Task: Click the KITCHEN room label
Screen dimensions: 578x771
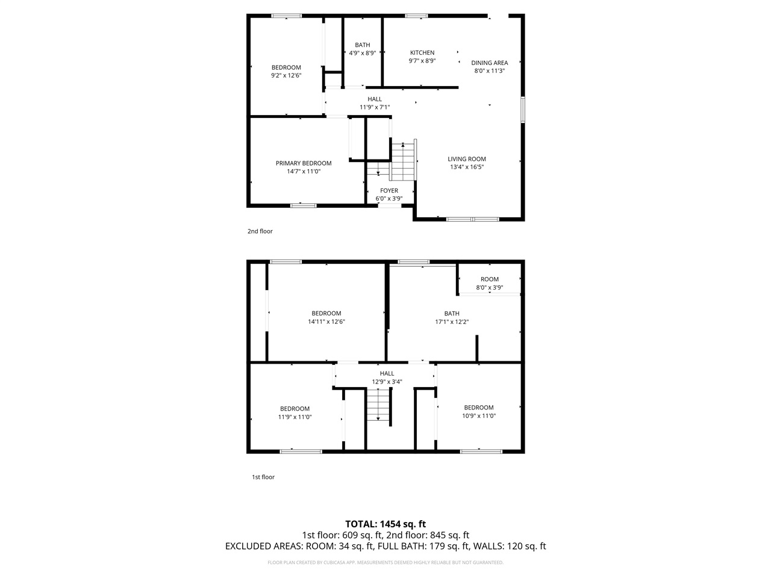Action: (422, 52)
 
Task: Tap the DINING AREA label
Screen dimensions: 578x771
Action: (489, 63)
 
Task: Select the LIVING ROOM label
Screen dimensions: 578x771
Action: (466, 159)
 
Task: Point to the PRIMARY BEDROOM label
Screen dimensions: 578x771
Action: (304, 163)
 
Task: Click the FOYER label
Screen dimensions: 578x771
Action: (389, 191)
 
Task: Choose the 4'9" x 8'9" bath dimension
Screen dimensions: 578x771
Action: (363, 53)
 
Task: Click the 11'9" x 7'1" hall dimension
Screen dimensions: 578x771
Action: (375, 107)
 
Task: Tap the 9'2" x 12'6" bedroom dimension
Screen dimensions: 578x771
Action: (286, 75)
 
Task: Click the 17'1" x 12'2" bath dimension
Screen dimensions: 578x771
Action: (452, 322)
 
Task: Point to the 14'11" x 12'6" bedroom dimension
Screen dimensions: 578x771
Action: (326, 322)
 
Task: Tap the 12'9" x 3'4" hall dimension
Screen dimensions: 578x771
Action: (387, 381)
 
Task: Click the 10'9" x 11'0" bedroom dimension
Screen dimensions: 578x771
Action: (478, 415)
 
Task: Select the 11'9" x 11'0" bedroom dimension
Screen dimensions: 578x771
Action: (295, 417)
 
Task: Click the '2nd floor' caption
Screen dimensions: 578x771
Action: (260, 231)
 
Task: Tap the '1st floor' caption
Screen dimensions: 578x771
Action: (263, 477)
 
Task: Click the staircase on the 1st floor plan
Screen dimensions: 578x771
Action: (378, 406)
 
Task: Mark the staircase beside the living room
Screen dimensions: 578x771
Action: (402, 161)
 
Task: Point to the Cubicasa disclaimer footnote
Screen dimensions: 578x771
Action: (385, 562)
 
